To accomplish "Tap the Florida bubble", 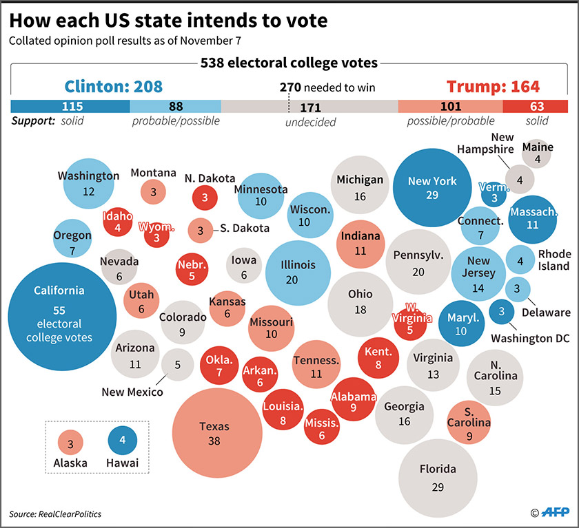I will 438,476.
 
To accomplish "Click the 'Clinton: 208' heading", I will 114,87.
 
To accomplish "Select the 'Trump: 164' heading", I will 493,87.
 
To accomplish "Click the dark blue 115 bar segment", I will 70,107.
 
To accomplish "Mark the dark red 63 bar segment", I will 535,107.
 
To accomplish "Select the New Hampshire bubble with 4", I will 520,180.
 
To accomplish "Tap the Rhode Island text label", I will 553,260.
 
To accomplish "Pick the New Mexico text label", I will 132,392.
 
